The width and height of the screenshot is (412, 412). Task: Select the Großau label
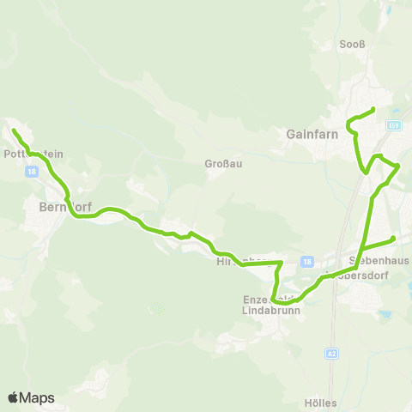(221, 164)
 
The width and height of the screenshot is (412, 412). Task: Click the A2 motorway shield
(331, 353)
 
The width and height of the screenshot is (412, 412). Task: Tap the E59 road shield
(393, 126)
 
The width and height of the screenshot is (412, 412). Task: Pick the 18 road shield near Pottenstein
(32, 172)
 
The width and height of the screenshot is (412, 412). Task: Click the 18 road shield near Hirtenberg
(306, 261)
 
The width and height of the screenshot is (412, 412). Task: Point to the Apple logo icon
(13, 397)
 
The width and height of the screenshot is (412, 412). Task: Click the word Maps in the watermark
(38, 397)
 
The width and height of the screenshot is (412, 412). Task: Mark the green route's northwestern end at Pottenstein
(14, 130)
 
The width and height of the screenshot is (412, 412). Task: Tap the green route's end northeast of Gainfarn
(373, 109)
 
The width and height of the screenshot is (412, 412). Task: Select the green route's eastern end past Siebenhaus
(393, 238)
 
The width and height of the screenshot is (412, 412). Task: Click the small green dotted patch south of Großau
(155, 307)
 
